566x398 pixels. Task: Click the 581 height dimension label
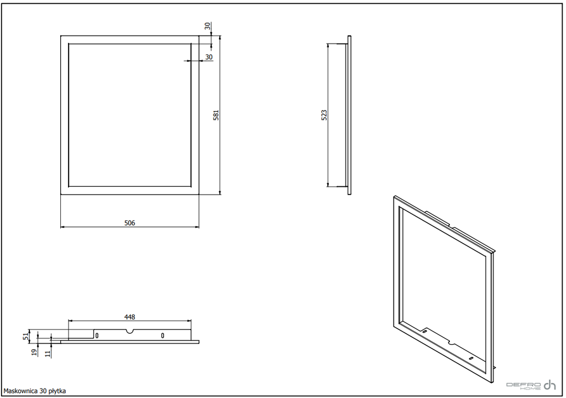216,115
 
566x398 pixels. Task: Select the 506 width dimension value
129,223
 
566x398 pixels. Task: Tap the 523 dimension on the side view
324,115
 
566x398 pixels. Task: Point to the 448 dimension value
129,317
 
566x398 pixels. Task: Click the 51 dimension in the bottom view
25,336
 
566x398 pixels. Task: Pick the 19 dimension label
34,352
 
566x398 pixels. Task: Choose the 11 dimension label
48,354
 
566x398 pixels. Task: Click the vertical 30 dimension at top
207,26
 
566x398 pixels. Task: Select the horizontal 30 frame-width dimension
208,57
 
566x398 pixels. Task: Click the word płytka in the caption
57,391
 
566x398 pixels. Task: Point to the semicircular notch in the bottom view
130,331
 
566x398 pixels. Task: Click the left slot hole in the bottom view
97,336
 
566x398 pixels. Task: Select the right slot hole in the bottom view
163,336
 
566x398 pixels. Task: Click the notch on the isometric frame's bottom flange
451,341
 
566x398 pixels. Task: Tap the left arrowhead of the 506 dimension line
62,227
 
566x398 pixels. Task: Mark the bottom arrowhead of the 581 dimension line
220,192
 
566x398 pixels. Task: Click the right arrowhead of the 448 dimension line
189,321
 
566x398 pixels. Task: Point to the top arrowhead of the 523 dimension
328,46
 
